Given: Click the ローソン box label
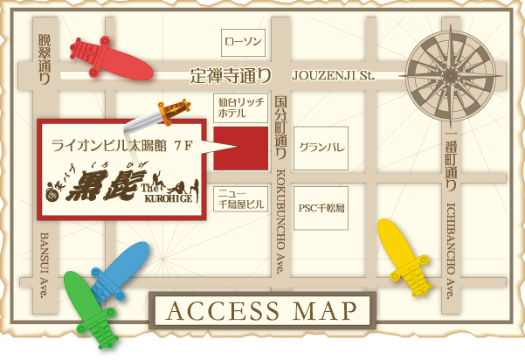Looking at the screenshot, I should [x=242, y=41].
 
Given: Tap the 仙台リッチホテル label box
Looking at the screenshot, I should [x=240, y=108].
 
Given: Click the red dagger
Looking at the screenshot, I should [x=109, y=58].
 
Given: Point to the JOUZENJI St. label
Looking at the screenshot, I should [x=333, y=76].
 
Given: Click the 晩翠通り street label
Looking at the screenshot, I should [x=45, y=59].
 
